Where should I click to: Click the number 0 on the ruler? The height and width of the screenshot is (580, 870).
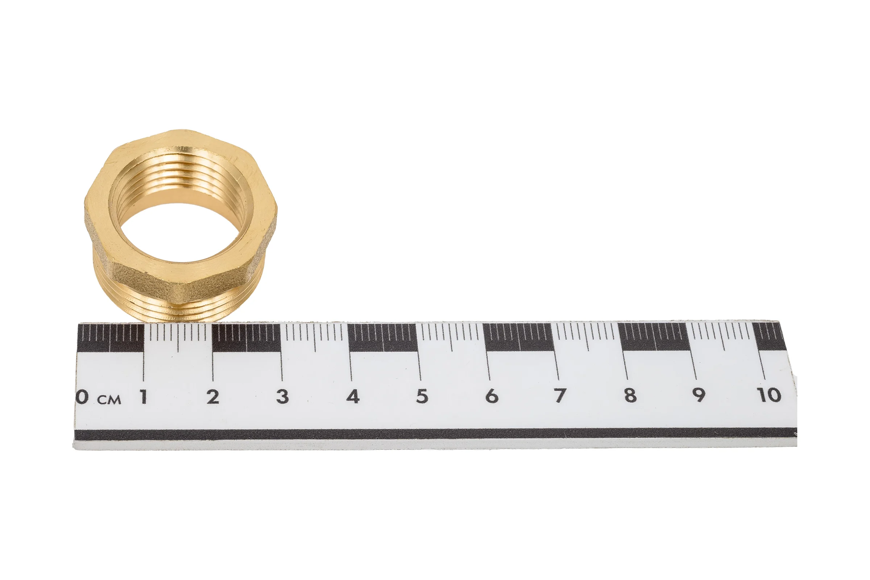pyautogui.click(x=82, y=397)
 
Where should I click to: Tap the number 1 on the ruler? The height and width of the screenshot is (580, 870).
pyautogui.click(x=144, y=397)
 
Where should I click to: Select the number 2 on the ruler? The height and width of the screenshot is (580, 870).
pyautogui.click(x=213, y=397)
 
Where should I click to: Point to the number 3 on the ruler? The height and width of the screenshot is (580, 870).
pyautogui.click(x=282, y=397)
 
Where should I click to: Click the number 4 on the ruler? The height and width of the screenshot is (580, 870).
pyautogui.click(x=352, y=396)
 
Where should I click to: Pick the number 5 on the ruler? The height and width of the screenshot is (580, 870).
pyautogui.click(x=422, y=396)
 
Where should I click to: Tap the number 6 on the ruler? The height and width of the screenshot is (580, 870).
pyautogui.click(x=492, y=396)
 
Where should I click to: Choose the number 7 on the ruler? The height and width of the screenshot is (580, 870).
pyautogui.click(x=560, y=395)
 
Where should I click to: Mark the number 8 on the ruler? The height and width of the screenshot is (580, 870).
pyautogui.click(x=630, y=395)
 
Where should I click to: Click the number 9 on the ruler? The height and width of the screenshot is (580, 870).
pyautogui.click(x=699, y=395)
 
